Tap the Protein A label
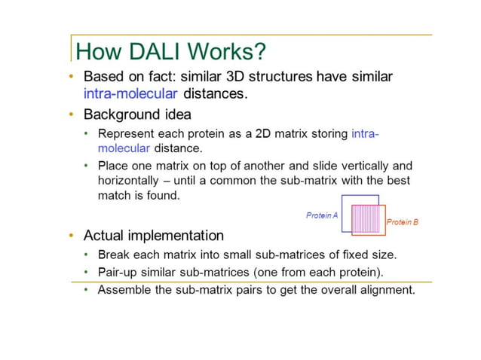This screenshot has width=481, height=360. click(322, 215)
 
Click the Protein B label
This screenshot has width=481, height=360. click(402, 222)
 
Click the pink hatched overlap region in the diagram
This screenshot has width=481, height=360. click(367, 219)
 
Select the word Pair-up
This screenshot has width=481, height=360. click(119, 271)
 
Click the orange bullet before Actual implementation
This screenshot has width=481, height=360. click(72, 236)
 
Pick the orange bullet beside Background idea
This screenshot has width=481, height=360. click(72, 114)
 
